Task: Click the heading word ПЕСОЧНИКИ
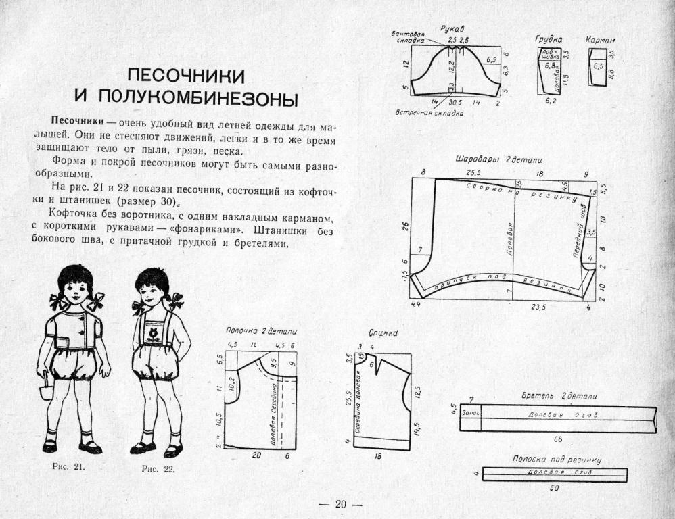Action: [187, 74]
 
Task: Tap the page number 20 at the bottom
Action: [340, 504]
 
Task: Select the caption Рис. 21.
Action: [68, 466]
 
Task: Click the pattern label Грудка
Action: [549, 39]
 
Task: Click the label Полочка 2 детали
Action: [261, 331]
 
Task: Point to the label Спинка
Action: [383, 333]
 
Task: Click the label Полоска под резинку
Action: [557, 460]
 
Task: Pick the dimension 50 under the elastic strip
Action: [554, 488]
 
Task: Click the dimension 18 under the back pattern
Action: [377, 457]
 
